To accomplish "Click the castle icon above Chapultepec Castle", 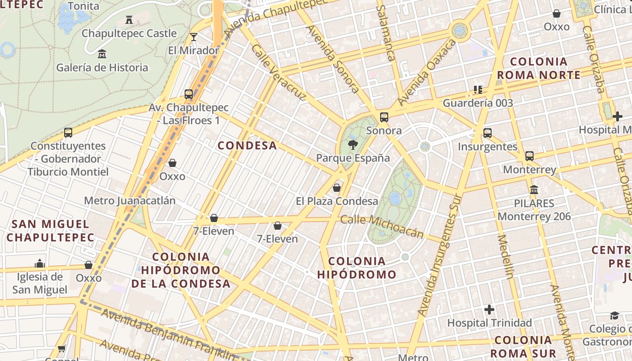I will pos(129,20).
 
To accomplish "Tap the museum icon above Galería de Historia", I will pos(102,54).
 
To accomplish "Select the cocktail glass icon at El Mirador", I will pos(194,37).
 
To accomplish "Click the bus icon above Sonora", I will pos(384,117).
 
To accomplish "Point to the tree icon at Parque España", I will pos(353,145).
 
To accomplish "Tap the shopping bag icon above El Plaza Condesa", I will pos(337,188).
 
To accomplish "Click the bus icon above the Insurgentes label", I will pos(488,133).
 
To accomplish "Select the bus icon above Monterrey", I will pos(530,156).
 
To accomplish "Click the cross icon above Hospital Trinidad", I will pos(489,310).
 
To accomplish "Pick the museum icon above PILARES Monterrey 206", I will pos(534,190).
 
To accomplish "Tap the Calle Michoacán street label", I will pos(382,226).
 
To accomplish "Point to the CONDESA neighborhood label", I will pos(247,145).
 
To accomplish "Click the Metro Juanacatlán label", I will pos(130,200).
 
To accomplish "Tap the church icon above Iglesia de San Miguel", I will pos(40,263).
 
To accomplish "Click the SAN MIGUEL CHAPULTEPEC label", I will pos(51,231).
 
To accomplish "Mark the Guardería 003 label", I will pos(478,103).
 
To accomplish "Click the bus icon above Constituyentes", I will pos(68,133).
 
